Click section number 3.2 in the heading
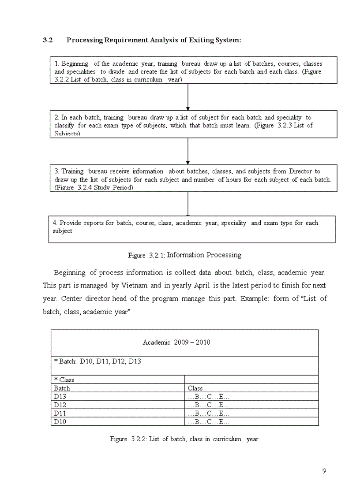coord(48,40)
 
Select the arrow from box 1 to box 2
coord(188,97)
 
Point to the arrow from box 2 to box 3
coord(188,151)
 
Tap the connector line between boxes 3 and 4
coord(188,203)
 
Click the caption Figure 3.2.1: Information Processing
coord(184,255)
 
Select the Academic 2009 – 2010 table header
coord(176,342)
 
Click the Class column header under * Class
coord(195,388)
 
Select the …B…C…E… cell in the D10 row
coord(208,422)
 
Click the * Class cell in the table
coord(64,380)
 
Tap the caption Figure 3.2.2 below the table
coord(184,439)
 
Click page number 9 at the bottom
coord(324,471)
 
